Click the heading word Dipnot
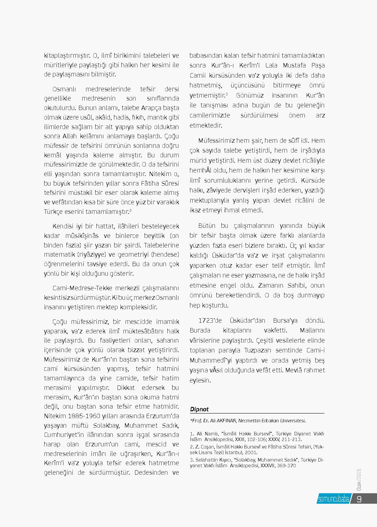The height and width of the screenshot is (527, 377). (x=199, y=409)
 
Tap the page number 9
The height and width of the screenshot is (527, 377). (x=359, y=499)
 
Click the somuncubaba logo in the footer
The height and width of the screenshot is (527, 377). (x=333, y=499)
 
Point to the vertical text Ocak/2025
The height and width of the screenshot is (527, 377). (x=359, y=479)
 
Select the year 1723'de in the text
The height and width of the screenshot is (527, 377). (x=210, y=321)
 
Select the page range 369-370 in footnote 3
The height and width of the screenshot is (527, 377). (x=286, y=466)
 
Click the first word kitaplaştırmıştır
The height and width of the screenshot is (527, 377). (x=67, y=56)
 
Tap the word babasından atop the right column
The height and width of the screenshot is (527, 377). (x=205, y=56)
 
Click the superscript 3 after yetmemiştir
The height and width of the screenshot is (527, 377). (x=226, y=94)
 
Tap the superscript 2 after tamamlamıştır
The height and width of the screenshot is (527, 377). (x=131, y=210)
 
